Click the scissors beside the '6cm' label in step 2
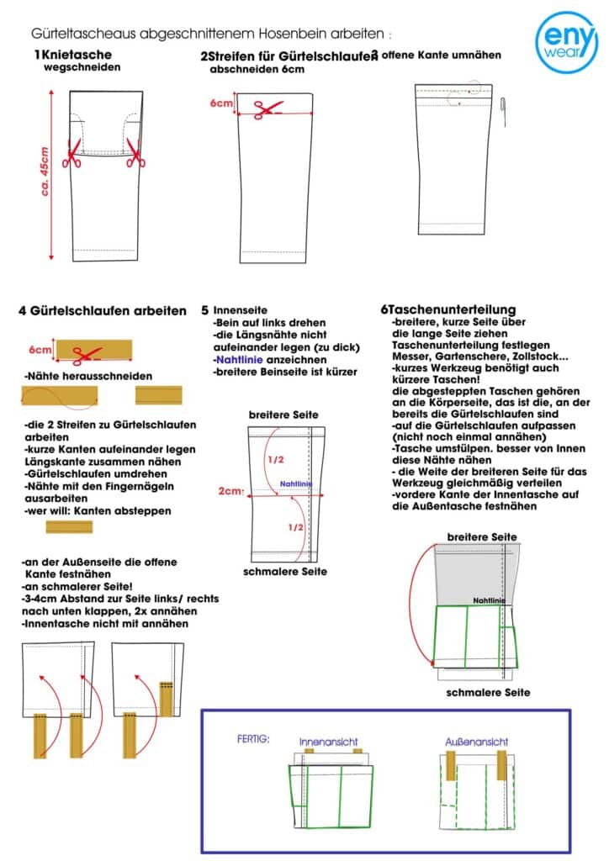[268, 108]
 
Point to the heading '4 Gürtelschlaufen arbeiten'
[103, 311]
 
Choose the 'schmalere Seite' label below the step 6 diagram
[488, 692]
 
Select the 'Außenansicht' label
[476, 742]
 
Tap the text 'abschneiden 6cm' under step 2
[257, 70]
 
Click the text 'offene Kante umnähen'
[441, 55]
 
